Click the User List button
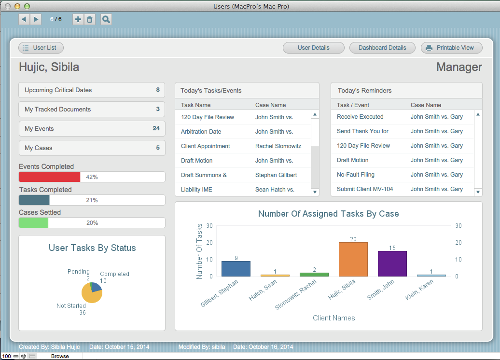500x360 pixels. (41, 48)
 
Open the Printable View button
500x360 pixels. (451, 48)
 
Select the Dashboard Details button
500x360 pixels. (382, 48)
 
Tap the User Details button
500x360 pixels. (313, 48)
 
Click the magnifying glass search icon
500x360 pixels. (106, 19)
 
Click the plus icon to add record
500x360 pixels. (78, 19)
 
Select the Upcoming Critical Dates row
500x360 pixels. (92, 90)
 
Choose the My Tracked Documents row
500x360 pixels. (92, 110)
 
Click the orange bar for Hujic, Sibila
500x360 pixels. (353, 259)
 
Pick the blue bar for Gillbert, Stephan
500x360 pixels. (236, 269)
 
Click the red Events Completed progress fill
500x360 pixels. (49, 177)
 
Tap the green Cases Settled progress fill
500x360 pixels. (33, 223)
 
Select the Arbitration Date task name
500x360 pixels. (201, 132)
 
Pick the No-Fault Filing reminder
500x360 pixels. (355, 175)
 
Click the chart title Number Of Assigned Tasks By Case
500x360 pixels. (328, 214)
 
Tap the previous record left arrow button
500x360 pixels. (24, 19)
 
